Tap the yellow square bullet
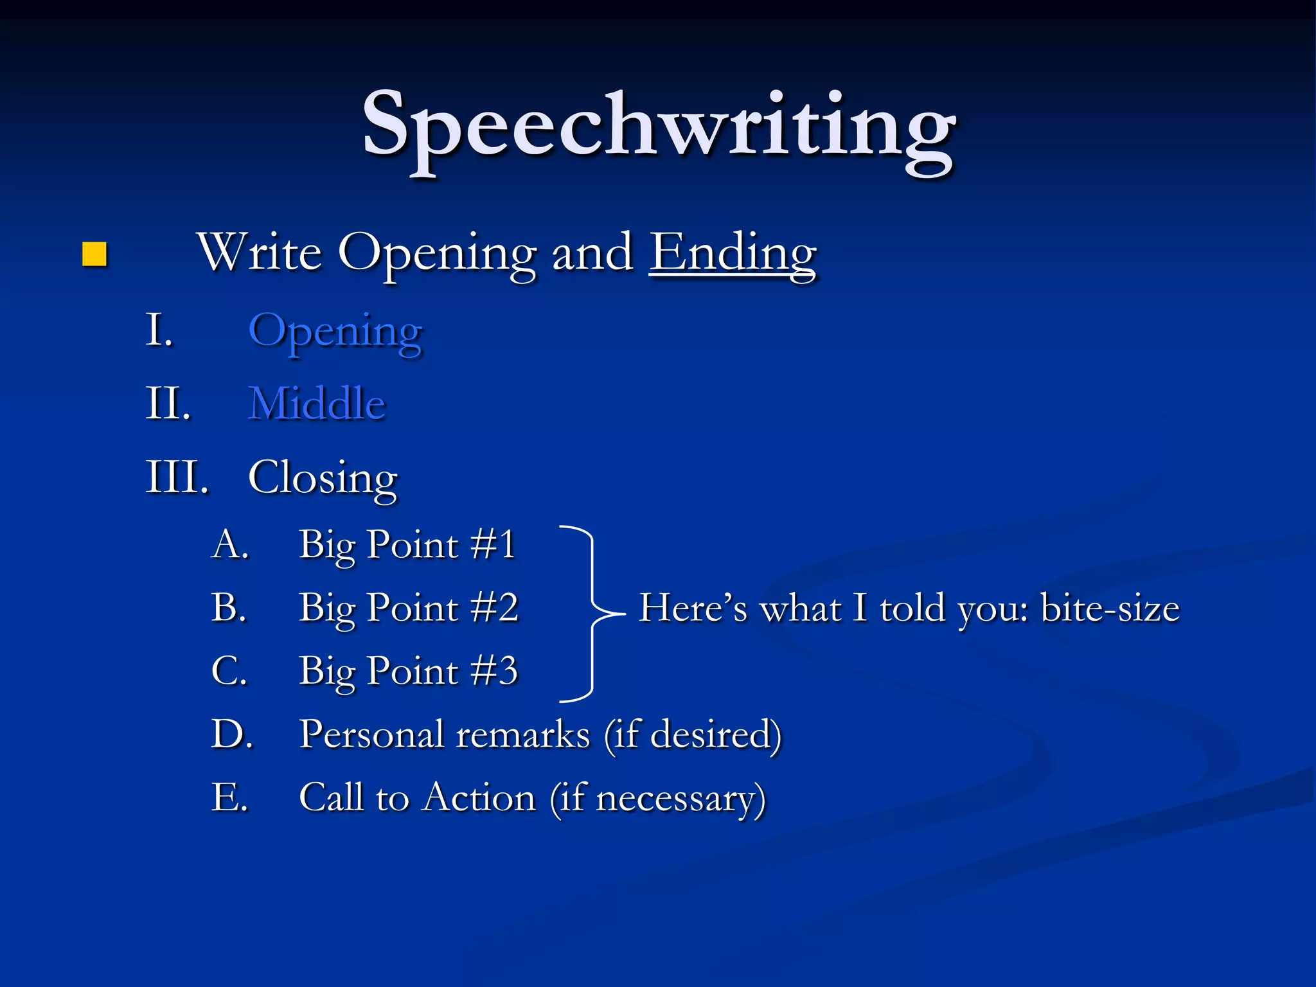(94, 254)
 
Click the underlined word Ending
(733, 253)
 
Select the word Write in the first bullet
(260, 252)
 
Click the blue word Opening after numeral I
(335, 332)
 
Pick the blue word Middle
(317, 404)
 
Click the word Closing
(323, 479)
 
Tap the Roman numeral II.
(168, 404)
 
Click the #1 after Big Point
(493, 545)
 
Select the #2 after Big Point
(494, 608)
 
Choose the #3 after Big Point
(494, 671)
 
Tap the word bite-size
(1110, 609)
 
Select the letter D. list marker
(231, 734)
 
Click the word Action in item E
(480, 798)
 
